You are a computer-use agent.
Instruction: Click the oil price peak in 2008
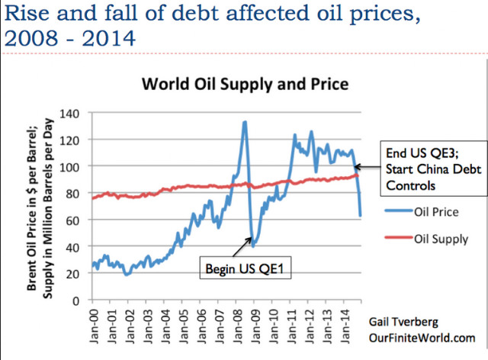244,122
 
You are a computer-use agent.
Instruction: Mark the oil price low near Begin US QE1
253,246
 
